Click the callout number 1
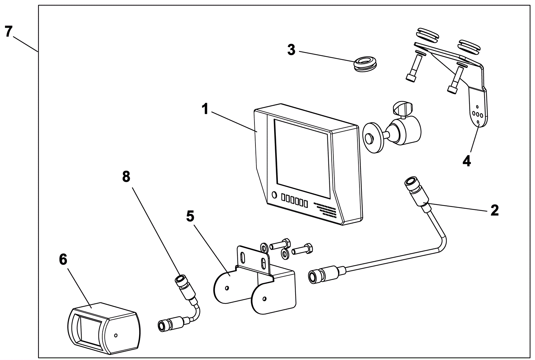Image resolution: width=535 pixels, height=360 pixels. tap(205, 109)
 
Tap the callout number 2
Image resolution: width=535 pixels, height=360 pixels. tap(495, 210)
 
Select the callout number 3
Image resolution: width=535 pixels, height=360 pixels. tap(291, 50)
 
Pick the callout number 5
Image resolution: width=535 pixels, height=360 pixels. tap(190, 216)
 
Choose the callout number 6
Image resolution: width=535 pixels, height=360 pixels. tap(63, 259)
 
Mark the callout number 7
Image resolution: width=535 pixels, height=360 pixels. tap(8, 31)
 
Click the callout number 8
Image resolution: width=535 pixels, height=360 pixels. tap(126, 177)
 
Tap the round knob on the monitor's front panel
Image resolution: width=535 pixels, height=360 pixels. tap(274, 195)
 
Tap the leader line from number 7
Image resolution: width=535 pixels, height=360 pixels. tap(25, 44)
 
